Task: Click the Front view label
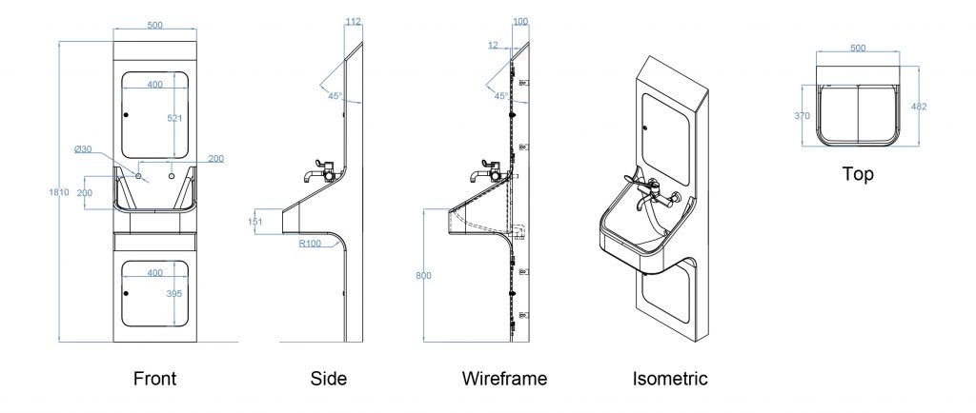pyautogui.click(x=154, y=379)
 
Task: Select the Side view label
pyautogui.click(x=329, y=379)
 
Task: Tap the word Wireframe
pyautogui.click(x=504, y=379)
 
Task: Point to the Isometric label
pyautogui.click(x=670, y=379)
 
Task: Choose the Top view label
pyautogui.click(x=858, y=175)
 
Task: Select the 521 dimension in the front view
pyautogui.click(x=174, y=118)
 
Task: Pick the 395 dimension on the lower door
pyautogui.click(x=174, y=294)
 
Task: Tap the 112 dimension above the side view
pyautogui.click(x=354, y=22)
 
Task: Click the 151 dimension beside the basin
pyautogui.click(x=254, y=223)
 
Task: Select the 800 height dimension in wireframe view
pyautogui.click(x=423, y=276)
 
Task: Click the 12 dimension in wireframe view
pyautogui.click(x=492, y=45)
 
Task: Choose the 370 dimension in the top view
pyautogui.click(x=802, y=115)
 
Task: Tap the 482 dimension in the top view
pyautogui.click(x=919, y=107)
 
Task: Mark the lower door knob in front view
pyautogui.click(x=126, y=293)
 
